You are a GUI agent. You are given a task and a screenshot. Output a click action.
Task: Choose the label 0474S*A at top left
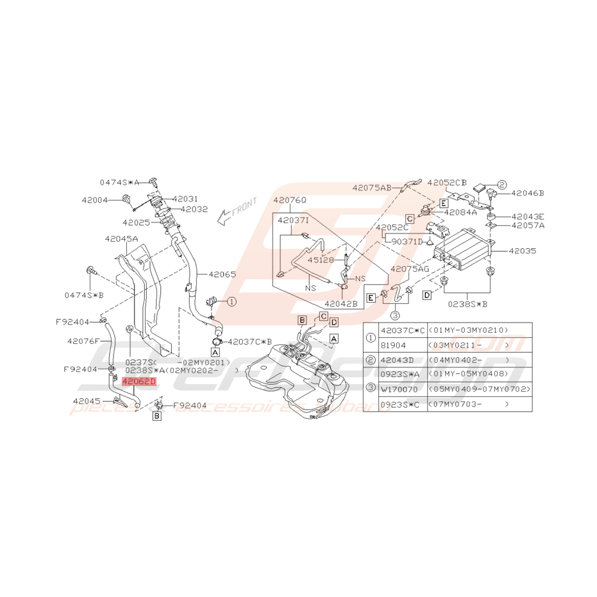pos(119,181)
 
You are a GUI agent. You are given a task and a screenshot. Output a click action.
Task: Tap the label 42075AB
pos(371,188)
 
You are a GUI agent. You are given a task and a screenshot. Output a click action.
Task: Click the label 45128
pos(320,260)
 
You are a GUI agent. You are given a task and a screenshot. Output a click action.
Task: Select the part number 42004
pos(95,200)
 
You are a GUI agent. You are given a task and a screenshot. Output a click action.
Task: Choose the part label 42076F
pos(83,341)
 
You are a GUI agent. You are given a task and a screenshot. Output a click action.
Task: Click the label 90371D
pos(407,242)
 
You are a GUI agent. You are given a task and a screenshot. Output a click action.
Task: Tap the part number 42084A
pos(460,212)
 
